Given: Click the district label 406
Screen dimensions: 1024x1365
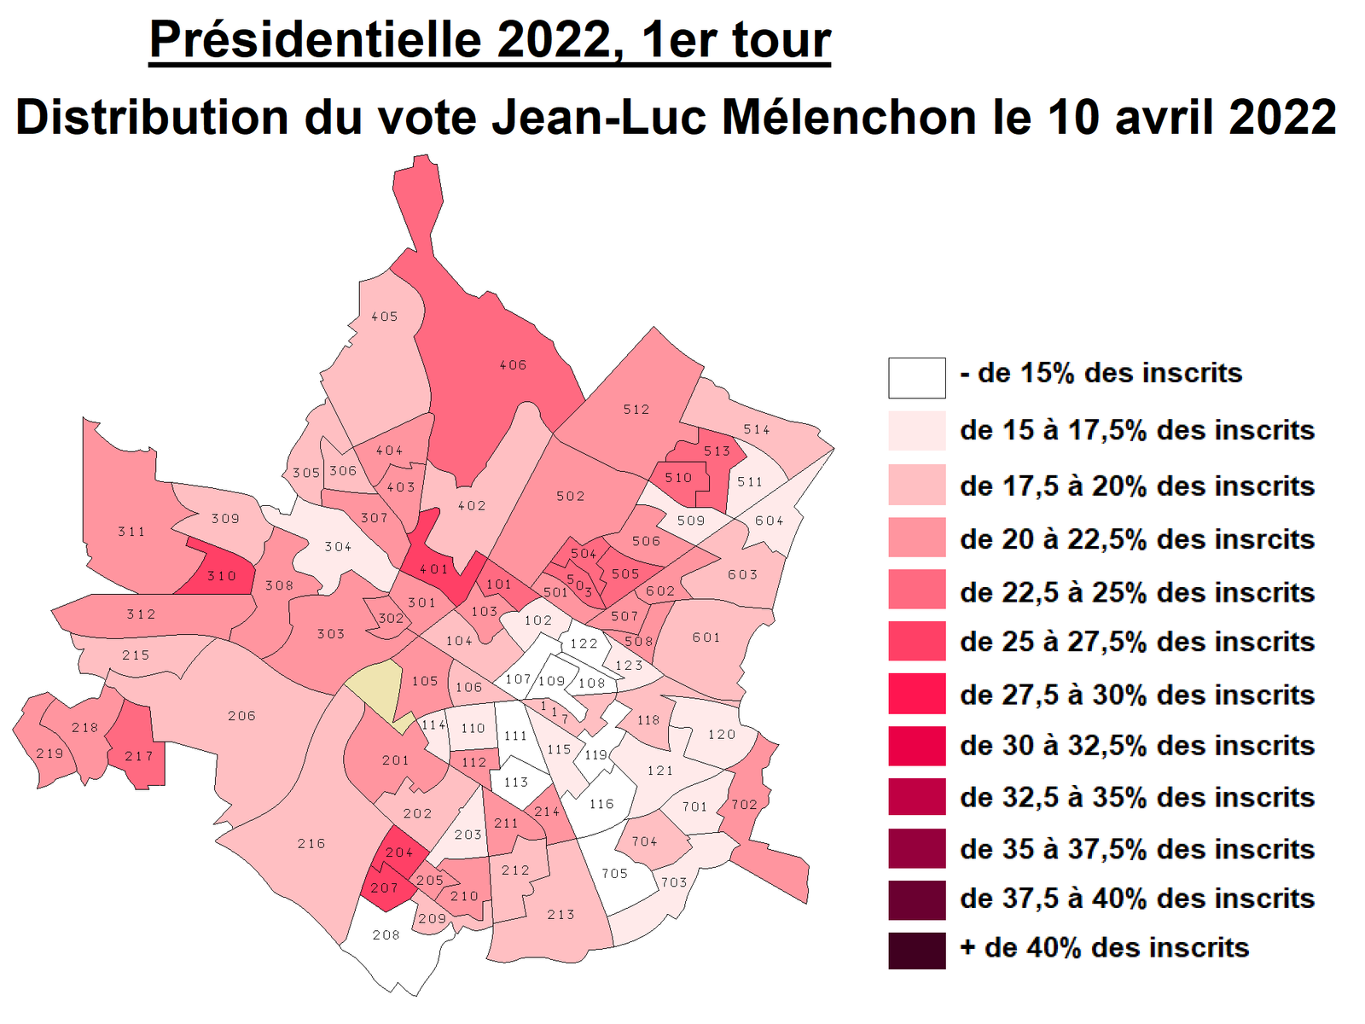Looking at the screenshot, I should click(x=513, y=365).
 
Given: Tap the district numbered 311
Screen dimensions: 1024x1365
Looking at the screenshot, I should click(x=131, y=532).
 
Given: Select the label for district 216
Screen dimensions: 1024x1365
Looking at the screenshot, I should click(x=311, y=844).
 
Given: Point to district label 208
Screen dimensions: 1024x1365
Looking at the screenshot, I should click(x=386, y=935).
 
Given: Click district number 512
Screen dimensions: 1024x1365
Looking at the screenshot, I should click(x=636, y=410).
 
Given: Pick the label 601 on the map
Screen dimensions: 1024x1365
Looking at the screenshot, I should click(x=706, y=637).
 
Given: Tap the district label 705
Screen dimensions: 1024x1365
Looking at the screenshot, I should click(x=614, y=874).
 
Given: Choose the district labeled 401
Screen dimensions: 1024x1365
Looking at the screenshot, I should click(x=433, y=569).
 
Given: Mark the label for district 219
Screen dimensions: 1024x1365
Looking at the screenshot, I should click(x=49, y=753).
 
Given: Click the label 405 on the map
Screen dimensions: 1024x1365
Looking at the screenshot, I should click(x=385, y=317).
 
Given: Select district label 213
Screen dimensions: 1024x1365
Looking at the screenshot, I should click(x=561, y=915).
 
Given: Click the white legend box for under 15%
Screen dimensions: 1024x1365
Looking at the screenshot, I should click(x=916, y=378).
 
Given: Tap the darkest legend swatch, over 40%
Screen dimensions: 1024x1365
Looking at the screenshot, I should click(x=916, y=951).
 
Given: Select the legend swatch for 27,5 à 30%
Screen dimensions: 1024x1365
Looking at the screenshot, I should click(x=916, y=694).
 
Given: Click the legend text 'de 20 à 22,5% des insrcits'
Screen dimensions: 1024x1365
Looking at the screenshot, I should click(x=1136, y=539).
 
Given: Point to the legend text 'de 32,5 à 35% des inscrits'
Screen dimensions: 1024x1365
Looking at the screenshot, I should click(x=1136, y=797).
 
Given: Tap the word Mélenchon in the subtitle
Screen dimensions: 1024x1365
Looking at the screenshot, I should click(x=849, y=117).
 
